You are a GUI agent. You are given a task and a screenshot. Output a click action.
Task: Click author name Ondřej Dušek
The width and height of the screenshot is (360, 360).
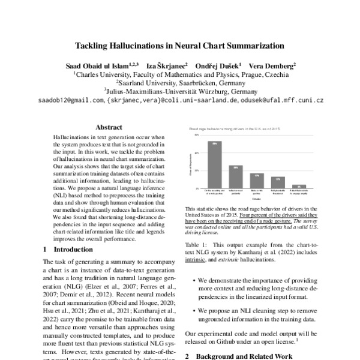click(x=220, y=64)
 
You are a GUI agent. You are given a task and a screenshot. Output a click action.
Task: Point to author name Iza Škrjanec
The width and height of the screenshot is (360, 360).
click(x=171, y=64)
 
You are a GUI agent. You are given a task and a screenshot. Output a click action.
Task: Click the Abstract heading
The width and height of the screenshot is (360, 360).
click(x=109, y=127)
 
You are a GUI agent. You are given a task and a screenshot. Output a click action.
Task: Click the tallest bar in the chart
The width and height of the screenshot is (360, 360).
click(x=215, y=164)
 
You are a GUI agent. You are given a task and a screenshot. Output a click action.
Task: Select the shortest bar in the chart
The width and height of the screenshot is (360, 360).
click(x=303, y=187)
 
